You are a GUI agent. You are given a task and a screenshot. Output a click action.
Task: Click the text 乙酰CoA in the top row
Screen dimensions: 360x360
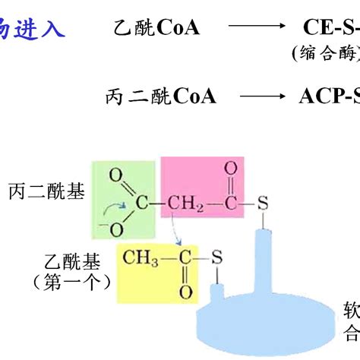(156, 30)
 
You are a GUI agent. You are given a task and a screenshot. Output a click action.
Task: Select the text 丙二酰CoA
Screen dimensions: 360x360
(160, 96)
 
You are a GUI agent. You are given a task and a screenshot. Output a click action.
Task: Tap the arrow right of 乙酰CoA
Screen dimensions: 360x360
(254, 30)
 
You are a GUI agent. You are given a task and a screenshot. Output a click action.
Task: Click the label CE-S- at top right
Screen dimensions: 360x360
(326, 30)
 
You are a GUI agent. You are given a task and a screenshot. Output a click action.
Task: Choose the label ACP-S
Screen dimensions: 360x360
(327, 96)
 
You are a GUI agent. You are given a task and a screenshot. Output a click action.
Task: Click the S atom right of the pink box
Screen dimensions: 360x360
(263, 204)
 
